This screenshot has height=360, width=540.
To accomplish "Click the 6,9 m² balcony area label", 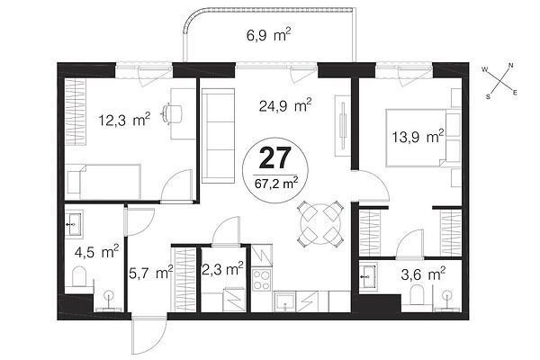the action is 269,35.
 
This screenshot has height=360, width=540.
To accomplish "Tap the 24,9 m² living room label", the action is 285,105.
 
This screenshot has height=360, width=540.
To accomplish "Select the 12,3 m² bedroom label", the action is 124,120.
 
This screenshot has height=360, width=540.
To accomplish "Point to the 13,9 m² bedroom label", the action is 418,137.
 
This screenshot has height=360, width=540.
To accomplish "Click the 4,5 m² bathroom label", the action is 97,252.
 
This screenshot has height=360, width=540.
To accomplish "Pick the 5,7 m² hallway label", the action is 151,273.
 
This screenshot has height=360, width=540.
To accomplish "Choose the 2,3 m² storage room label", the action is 223,269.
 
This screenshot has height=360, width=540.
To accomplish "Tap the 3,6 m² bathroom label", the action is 423,274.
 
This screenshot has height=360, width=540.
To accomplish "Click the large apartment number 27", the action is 275,157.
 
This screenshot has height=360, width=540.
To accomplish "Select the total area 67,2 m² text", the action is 276,183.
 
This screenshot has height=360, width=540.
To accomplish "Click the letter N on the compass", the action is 511,66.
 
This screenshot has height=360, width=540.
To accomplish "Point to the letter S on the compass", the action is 488,97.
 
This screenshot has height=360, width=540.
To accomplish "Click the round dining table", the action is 320,224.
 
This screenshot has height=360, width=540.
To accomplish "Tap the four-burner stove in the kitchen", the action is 262,279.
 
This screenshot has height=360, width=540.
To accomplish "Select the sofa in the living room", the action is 218,136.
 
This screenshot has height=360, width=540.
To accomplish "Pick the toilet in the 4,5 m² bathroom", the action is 80,276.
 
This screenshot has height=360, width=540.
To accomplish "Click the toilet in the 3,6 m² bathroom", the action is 418,295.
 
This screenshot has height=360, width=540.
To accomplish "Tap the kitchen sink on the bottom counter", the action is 284,301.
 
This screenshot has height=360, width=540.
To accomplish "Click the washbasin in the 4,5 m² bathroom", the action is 73,224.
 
